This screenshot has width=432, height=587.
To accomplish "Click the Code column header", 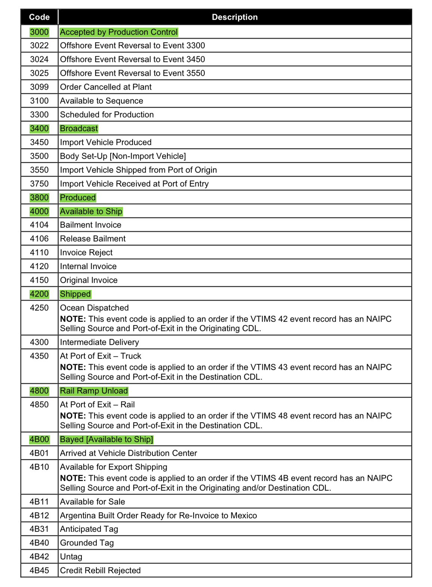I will click(x=39, y=17).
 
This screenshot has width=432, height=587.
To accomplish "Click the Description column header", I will click(x=235, y=17).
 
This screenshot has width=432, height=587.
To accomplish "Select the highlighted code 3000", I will click(x=39, y=32).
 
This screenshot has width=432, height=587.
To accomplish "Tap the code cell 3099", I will click(x=39, y=87).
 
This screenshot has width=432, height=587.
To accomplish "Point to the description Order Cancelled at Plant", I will click(x=106, y=87).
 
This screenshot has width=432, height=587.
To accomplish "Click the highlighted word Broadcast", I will click(x=79, y=129).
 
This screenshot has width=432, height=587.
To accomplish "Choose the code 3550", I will click(x=39, y=170).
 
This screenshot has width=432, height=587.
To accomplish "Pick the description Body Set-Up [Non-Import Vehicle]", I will click(x=123, y=156).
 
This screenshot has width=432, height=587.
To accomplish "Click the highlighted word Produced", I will click(x=78, y=198).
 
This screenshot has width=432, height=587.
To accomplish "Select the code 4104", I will click(x=39, y=225).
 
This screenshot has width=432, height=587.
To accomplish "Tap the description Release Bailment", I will click(x=93, y=239).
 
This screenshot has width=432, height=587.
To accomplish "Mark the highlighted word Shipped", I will click(x=75, y=294).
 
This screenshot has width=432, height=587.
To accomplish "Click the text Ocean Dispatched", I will click(x=94, y=308).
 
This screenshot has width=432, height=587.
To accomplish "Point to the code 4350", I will click(x=39, y=356).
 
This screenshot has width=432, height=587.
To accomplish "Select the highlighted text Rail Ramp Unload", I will click(x=94, y=391).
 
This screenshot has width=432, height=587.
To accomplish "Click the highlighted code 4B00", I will click(x=39, y=439).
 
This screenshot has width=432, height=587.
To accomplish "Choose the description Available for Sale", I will click(x=92, y=502).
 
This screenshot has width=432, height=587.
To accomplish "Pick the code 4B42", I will click(x=39, y=557).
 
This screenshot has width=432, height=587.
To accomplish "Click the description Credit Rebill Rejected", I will click(x=100, y=571).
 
